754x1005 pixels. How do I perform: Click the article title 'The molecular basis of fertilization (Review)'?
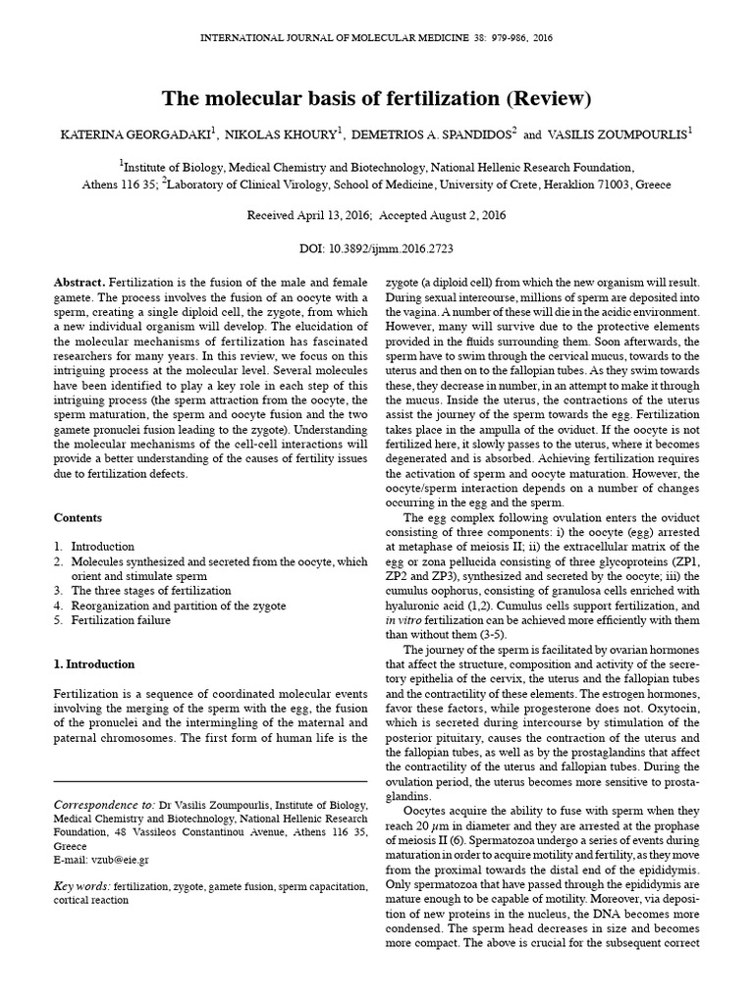pyautogui.click(x=376, y=99)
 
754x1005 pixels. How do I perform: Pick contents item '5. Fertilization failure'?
pyautogui.click(x=119, y=620)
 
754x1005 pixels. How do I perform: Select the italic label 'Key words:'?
pyautogui.click(x=81, y=887)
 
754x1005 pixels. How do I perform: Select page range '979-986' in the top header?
pyautogui.click(x=489, y=37)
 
